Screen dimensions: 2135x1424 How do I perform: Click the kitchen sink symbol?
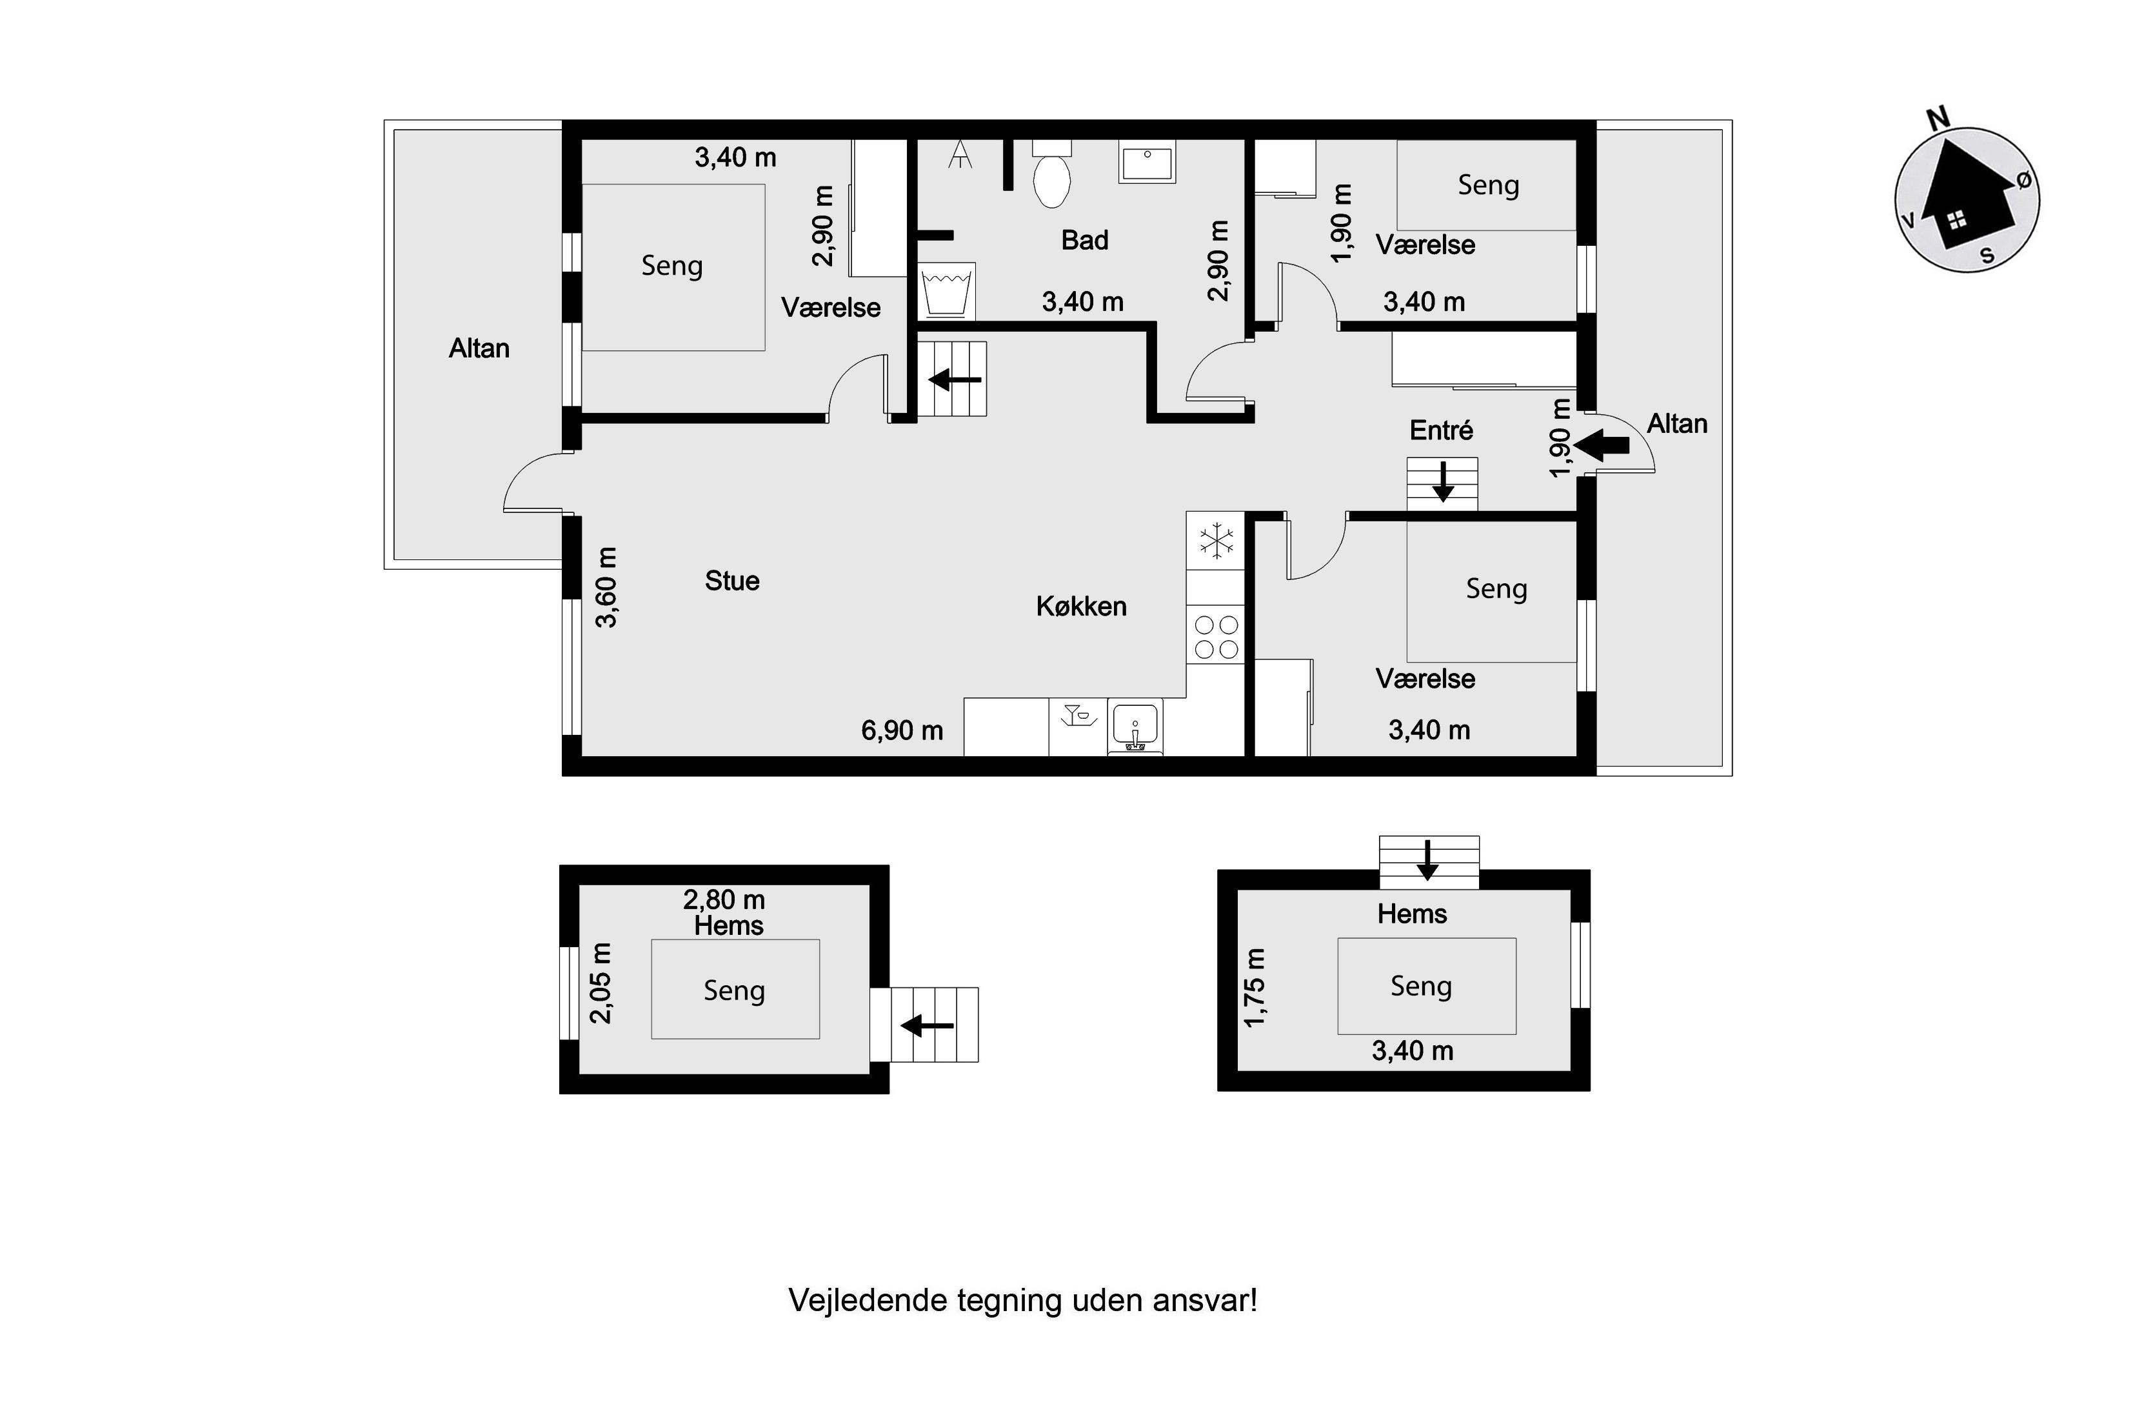click(x=1135, y=727)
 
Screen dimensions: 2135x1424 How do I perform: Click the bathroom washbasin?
click(x=1147, y=162)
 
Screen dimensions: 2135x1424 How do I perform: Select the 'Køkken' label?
click(x=1081, y=607)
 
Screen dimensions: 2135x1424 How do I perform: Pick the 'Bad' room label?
click(x=1085, y=241)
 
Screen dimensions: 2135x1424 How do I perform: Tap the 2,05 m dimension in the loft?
click(x=601, y=983)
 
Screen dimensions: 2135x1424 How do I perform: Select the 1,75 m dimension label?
click(x=1255, y=988)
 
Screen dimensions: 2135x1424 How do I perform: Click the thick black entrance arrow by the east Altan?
click(x=1602, y=445)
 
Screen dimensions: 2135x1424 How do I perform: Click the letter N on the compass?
click(x=1938, y=118)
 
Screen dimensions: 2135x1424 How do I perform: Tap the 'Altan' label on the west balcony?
click(x=479, y=348)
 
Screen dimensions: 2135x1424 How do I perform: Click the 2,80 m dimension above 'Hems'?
click(x=724, y=900)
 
